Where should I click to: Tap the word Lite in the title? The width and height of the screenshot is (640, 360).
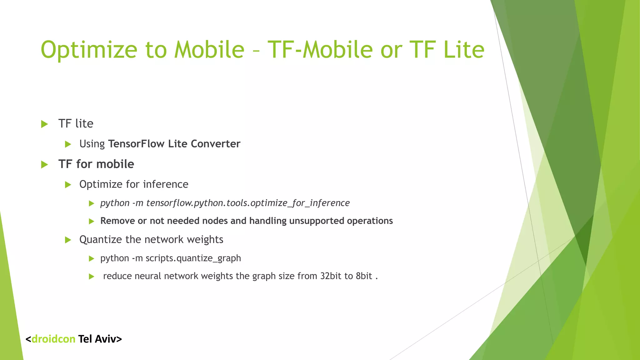coord(464,50)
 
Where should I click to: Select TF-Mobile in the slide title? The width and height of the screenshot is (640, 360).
coord(320,50)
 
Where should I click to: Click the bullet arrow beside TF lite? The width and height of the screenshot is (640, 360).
coord(44,124)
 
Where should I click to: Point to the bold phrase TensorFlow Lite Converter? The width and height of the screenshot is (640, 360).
coord(174,144)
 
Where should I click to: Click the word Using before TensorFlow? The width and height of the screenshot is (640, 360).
coord(92,144)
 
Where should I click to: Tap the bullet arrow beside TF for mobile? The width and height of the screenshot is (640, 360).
coord(44,164)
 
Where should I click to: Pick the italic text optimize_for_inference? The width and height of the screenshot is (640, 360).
coord(300,203)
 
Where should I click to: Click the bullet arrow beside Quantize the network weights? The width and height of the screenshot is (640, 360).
coord(68,240)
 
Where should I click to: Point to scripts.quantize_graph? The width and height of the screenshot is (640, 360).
coord(193,258)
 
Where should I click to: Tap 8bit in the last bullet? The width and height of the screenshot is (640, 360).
coord(364,276)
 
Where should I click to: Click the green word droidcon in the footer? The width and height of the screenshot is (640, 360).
coord(53,339)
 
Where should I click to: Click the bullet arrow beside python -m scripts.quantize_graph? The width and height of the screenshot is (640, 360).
coord(91,258)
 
